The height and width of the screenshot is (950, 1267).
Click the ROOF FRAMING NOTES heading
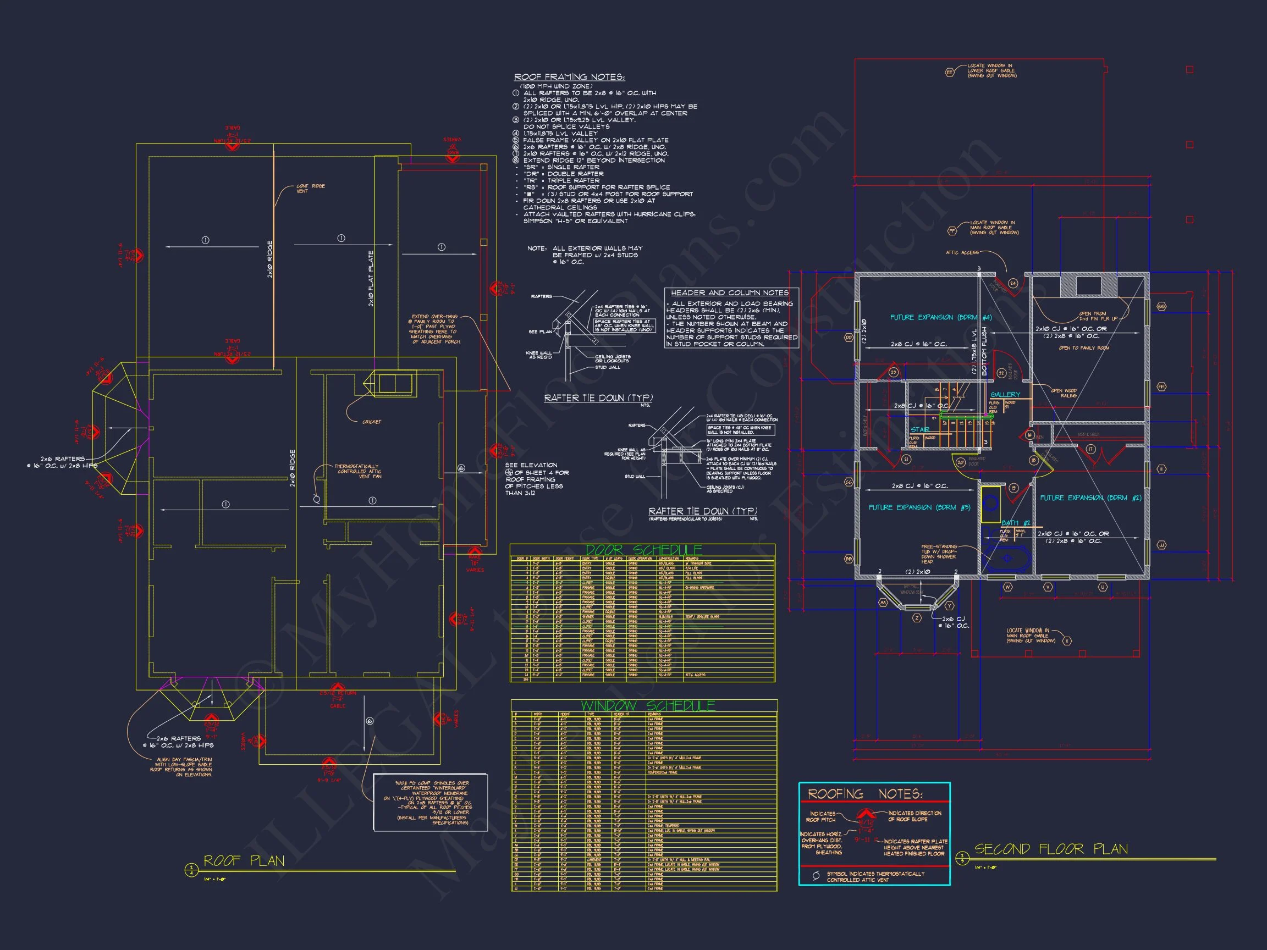(x=569, y=78)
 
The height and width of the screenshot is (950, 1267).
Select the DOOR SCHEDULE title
(x=643, y=550)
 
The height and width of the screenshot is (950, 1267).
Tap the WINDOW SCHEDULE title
(x=648, y=705)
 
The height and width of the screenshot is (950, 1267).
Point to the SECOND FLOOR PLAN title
(x=1051, y=849)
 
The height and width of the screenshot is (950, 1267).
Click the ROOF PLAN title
(x=244, y=861)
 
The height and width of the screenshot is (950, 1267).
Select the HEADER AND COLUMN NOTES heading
(x=730, y=292)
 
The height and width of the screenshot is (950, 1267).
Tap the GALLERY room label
(x=1005, y=395)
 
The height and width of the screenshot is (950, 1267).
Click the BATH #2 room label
(x=1016, y=523)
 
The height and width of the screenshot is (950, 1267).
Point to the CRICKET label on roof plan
(x=372, y=422)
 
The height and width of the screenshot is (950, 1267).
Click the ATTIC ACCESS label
(x=962, y=252)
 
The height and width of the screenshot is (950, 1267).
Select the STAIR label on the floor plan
(x=920, y=429)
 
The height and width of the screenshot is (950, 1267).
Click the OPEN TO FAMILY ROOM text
(x=1084, y=348)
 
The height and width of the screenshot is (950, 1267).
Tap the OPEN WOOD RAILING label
(x=1064, y=393)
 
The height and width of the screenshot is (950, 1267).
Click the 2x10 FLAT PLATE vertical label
(x=371, y=278)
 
